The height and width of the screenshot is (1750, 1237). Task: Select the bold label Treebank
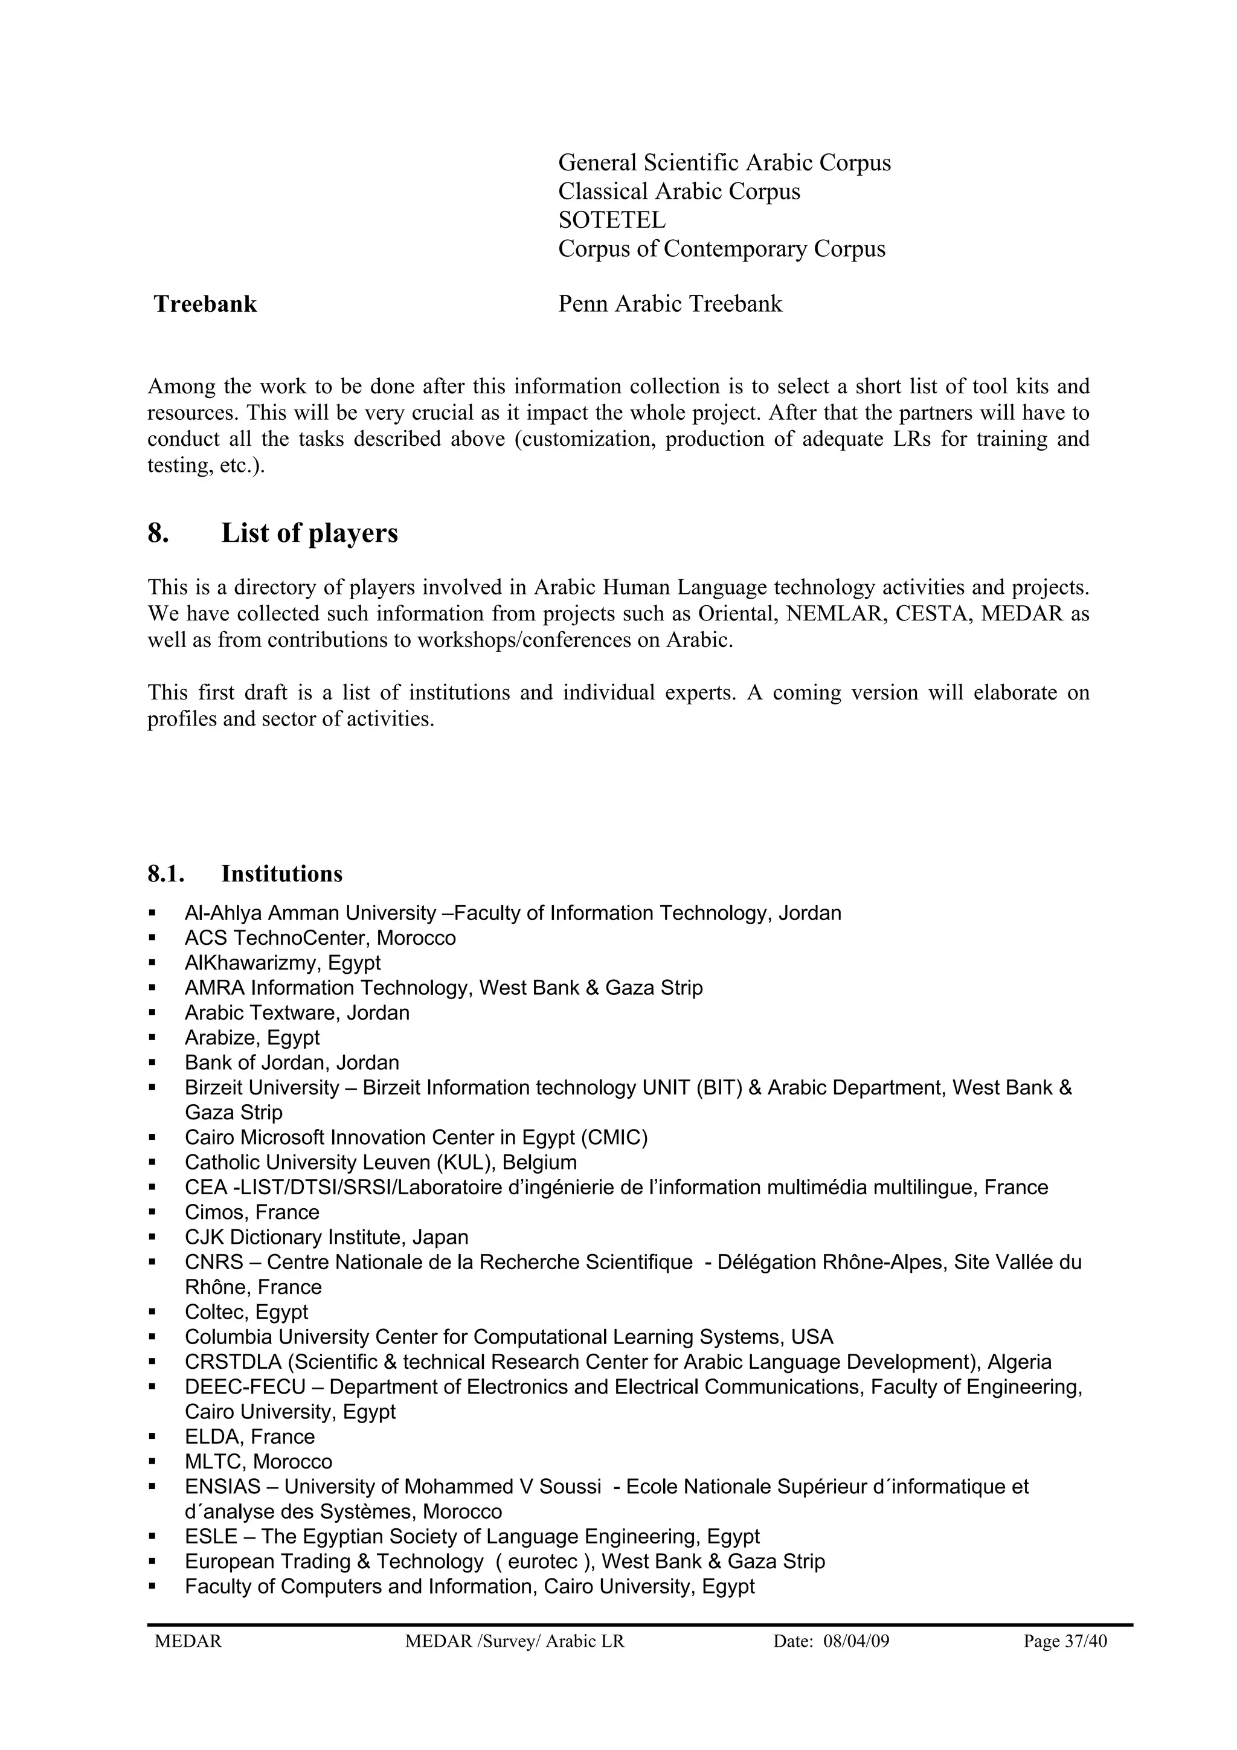[x=205, y=304]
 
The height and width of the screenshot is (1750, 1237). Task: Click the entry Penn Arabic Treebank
[x=670, y=304]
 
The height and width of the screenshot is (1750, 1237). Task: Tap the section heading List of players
[x=309, y=533]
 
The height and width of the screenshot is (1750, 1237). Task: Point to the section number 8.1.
[x=166, y=873]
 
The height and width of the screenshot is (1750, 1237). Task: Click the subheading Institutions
[x=282, y=873]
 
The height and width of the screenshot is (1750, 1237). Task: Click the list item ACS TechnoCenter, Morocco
[x=320, y=938]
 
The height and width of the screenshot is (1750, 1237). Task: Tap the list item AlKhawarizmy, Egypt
[x=282, y=963]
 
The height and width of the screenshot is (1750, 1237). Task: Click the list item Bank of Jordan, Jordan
[x=291, y=1063]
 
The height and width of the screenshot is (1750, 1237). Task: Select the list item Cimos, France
[x=251, y=1212]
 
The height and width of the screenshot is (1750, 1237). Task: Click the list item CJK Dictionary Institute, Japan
[x=326, y=1238]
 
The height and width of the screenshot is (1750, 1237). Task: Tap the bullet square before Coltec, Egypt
[x=152, y=1313]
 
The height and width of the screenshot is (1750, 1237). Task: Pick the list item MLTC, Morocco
[x=259, y=1462]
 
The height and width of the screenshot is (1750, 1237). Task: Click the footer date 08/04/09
[x=856, y=1641]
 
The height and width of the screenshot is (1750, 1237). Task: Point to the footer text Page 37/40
[x=1065, y=1641]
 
